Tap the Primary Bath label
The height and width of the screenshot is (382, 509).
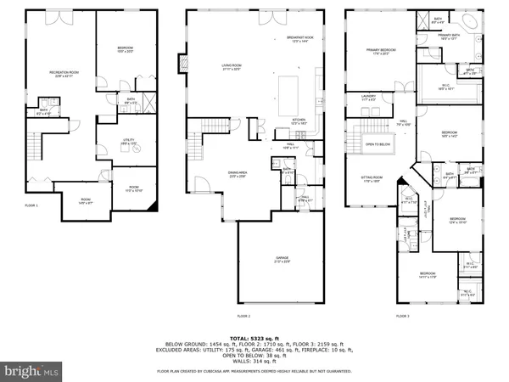[x=448, y=36]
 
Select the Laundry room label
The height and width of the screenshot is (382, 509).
[x=367, y=97]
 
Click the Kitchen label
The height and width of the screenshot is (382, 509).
[x=299, y=121]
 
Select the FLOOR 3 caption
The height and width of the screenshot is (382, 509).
[x=402, y=316]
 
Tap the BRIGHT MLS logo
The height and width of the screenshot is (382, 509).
[x=31, y=370]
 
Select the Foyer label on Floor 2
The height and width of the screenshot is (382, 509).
[x=303, y=200]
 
